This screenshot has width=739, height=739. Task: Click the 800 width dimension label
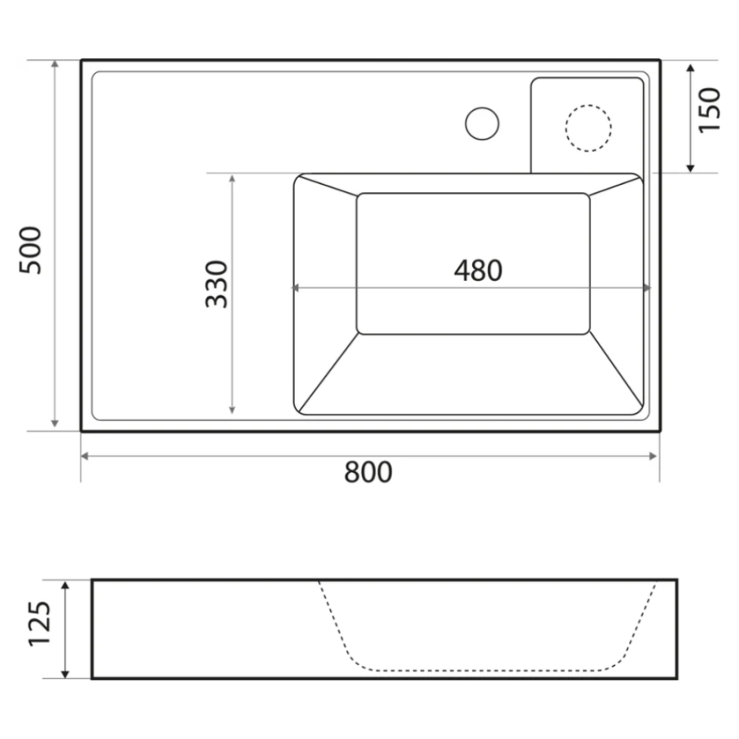point(368,472)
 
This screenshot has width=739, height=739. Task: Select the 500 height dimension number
point(30,250)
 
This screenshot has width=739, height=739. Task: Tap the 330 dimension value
point(217,284)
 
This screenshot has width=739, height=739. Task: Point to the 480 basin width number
point(478,270)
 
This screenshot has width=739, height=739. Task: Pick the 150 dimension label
point(709,110)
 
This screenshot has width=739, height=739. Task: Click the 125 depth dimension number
point(39,623)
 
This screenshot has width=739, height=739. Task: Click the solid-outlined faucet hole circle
point(482,123)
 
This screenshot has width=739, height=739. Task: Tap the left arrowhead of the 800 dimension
point(85,456)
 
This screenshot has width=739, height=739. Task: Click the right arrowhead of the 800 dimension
point(653,456)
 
